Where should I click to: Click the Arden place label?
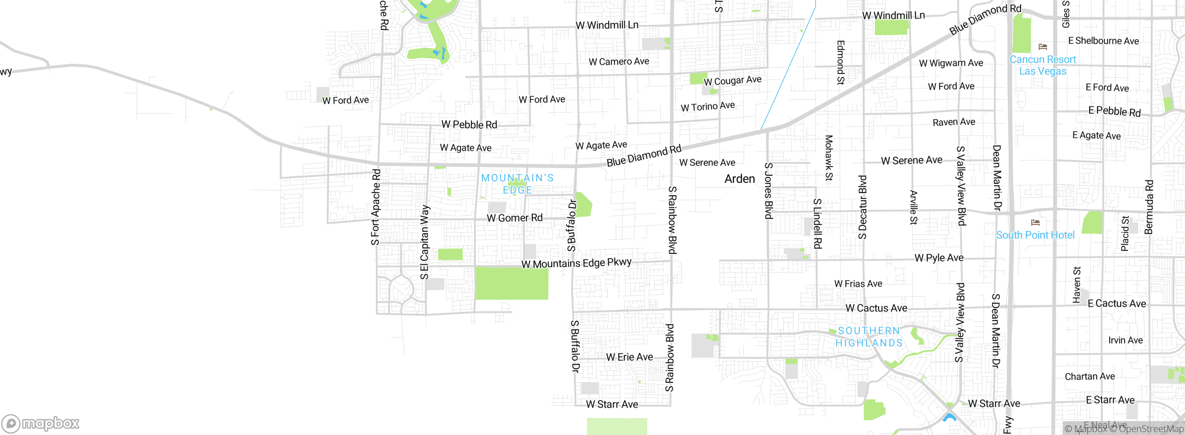[x=739, y=179]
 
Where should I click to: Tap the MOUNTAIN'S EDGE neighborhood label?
[x=517, y=184]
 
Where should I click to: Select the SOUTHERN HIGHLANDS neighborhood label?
[x=869, y=337]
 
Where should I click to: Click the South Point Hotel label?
[x=1035, y=235]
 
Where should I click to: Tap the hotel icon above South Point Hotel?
[x=1035, y=223]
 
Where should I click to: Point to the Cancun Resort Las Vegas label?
[x=1042, y=65]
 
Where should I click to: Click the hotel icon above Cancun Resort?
[x=1042, y=47]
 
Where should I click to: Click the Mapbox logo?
[x=41, y=423]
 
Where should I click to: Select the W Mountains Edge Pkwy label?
[x=576, y=263]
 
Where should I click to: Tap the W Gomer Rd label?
[x=514, y=217]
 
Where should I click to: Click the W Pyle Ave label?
[x=939, y=258]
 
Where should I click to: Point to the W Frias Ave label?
[x=858, y=284]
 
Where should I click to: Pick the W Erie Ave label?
[x=629, y=357]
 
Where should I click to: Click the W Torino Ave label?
[x=707, y=106]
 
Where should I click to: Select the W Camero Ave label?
[x=618, y=62]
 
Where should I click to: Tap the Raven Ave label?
[x=954, y=122]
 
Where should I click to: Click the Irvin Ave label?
[x=1125, y=340]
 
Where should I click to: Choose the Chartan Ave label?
[x=1089, y=376]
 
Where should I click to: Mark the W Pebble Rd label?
[x=469, y=124]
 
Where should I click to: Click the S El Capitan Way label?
[x=424, y=242]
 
